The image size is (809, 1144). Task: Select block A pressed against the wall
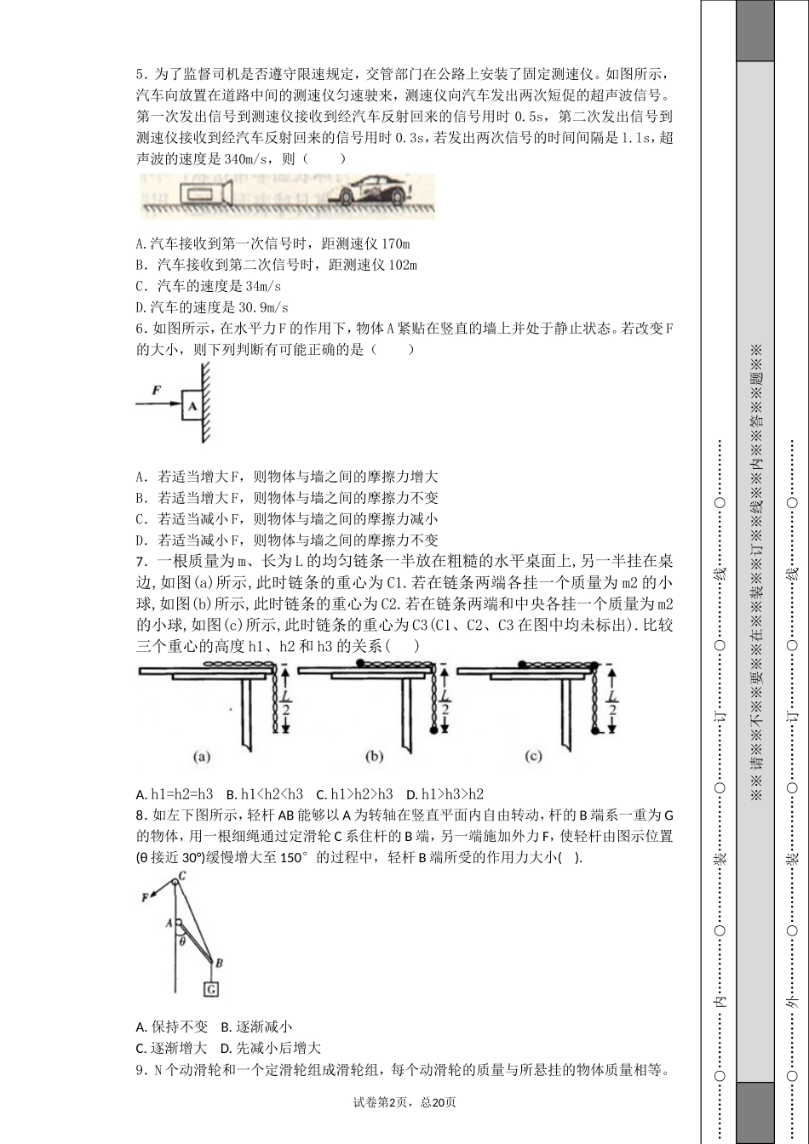(x=192, y=406)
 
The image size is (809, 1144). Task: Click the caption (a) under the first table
(x=202, y=756)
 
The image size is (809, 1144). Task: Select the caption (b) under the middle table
(x=374, y=756)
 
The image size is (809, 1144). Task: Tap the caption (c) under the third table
(x=534, y=756)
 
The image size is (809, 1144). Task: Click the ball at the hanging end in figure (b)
(x=434, y=731)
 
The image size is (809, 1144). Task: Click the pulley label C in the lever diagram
(x=182, y=876)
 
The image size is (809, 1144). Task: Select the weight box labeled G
(x=210, y=988)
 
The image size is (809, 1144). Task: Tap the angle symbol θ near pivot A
(x=181, y=941)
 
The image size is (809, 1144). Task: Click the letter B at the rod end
(x=219, y=964)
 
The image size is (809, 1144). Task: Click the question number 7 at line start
(x=141, y=562)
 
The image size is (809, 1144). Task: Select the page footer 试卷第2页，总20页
(x=404, y=1102)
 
